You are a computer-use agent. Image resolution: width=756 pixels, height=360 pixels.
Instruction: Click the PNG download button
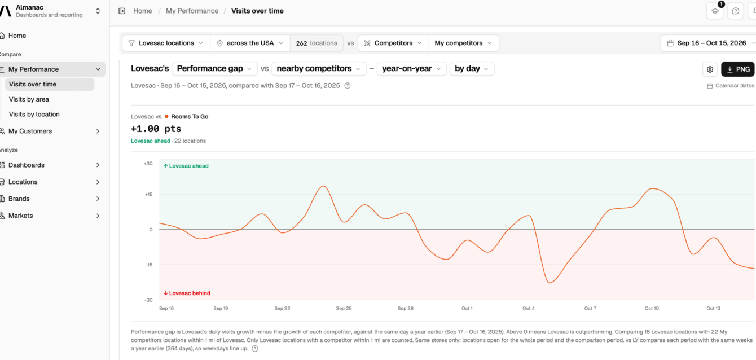click(737, 69)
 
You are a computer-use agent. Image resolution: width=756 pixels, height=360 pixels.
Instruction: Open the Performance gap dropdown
click(214, 68)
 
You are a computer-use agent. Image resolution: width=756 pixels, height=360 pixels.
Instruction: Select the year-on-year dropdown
click(411, 68)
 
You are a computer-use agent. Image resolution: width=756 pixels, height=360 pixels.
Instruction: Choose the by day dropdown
click(472, 68)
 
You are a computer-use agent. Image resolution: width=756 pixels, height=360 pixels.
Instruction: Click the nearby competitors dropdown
click(319, 68)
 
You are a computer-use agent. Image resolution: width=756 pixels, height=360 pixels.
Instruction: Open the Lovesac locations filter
click(166, 43)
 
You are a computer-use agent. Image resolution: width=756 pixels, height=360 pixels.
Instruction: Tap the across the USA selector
click(250, 43)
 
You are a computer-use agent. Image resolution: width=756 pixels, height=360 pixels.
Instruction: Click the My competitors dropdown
click(463, 43)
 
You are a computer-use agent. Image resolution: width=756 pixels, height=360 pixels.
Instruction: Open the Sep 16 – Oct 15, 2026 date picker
click(709, 43)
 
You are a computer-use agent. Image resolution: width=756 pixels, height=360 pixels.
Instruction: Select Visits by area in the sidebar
click(29, 99)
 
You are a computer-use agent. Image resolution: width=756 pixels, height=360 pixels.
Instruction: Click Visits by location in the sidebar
click(34, 114)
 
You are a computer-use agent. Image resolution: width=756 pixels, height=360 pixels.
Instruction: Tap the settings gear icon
click(710, 69)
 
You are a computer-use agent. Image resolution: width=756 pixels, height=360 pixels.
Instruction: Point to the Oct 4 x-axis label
click(529, 309)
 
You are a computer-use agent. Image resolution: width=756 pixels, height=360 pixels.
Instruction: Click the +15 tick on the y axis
click(148, 194)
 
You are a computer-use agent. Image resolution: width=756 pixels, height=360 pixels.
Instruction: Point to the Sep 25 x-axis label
click(344, 309)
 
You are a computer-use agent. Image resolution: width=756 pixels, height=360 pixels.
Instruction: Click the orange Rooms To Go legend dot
click(166, 116)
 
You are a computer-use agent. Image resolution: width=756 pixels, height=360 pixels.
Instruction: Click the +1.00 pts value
click(156, 129)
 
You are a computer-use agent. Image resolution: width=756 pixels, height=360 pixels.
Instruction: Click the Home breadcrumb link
click(142, 11)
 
